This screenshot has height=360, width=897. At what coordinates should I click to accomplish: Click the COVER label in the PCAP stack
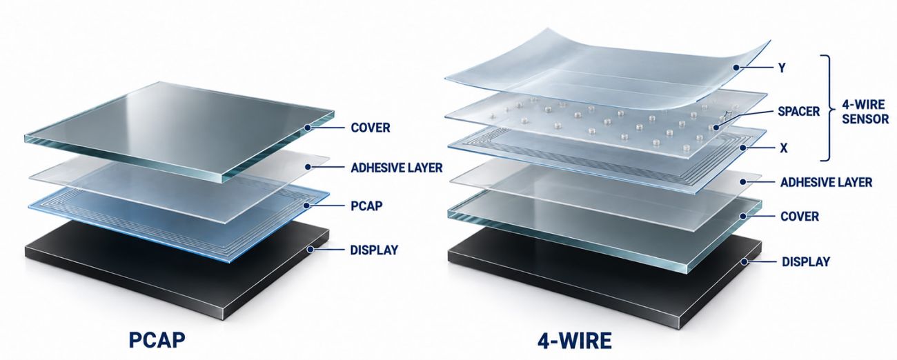(x=370, y=128)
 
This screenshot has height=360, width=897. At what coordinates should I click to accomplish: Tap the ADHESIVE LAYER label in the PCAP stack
(x=397, y=168)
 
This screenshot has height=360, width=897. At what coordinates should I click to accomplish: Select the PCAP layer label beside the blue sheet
(x=366, y=206)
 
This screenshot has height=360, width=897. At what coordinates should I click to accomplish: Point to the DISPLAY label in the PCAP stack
(x=374, y=250)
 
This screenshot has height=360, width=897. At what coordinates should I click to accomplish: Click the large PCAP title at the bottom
(x=157, y=339)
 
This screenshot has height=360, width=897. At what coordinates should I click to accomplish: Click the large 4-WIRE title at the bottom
(x=574, y=341)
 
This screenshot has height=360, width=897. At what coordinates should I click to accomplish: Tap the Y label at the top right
(x=782, y=68)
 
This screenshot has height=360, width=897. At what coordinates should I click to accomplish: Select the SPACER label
(x=798, y=111)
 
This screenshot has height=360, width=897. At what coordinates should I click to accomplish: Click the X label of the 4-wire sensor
(x=784, y=148)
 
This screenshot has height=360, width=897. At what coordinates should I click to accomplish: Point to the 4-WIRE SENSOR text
(x=865, y=112)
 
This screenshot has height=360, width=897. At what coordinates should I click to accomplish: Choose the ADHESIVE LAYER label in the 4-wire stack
(x=826, y=183)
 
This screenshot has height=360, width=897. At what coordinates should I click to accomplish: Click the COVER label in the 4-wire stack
(x=799, y=217)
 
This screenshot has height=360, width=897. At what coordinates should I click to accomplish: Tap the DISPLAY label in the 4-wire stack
(x=806, y=262)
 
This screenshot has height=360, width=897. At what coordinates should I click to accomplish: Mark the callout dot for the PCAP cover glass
(x=307, y=128)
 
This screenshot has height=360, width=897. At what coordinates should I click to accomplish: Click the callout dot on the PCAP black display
(x=310, y=250)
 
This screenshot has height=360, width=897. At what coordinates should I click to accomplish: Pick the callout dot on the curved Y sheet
(x=736, y=68)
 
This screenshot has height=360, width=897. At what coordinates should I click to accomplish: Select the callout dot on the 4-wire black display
(x=744, y=262)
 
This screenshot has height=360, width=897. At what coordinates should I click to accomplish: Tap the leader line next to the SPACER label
(x=744, y=119)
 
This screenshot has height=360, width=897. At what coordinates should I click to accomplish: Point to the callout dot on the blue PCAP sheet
(x=307, y=206)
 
